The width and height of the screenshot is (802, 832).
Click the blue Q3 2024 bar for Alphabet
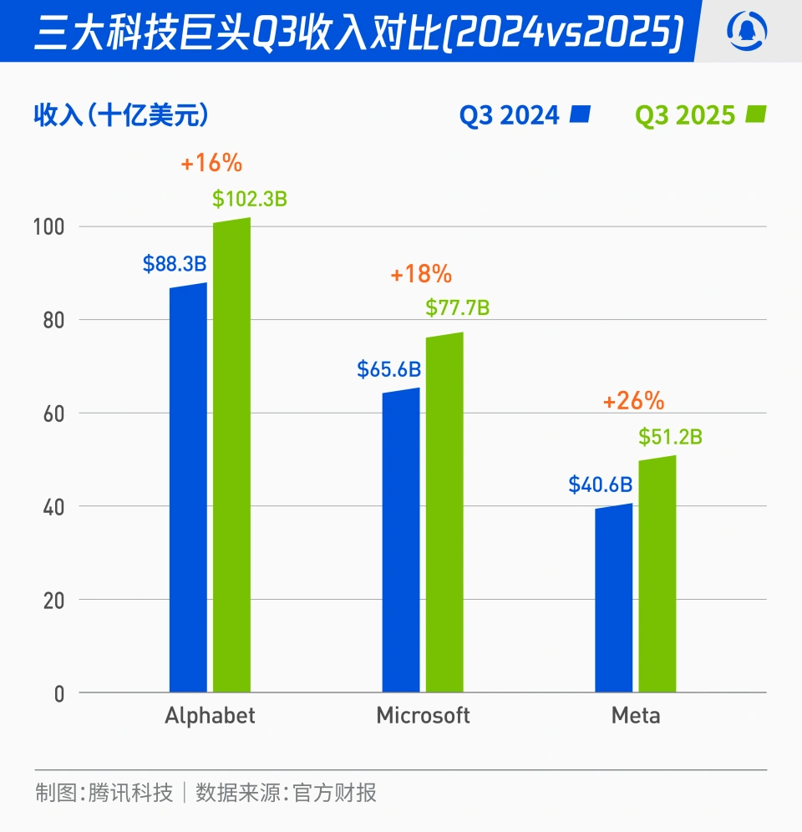188,489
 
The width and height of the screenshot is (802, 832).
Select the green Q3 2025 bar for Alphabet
231,456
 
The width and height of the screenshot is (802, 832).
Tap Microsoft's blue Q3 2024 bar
401,540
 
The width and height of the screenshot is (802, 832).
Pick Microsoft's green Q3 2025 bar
444,513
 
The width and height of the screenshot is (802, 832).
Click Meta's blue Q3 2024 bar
614,598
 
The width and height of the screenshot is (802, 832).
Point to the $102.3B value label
250,200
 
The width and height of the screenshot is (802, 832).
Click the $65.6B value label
388,369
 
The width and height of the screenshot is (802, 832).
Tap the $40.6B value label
600,484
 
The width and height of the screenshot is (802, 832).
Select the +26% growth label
633,402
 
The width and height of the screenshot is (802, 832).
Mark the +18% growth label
421,274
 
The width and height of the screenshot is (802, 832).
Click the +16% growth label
211,163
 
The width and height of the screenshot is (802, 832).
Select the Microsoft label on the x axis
423,716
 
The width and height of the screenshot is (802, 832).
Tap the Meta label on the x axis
636,716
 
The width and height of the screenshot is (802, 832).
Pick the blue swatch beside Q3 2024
581,114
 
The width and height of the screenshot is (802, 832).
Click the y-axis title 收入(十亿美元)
121,116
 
